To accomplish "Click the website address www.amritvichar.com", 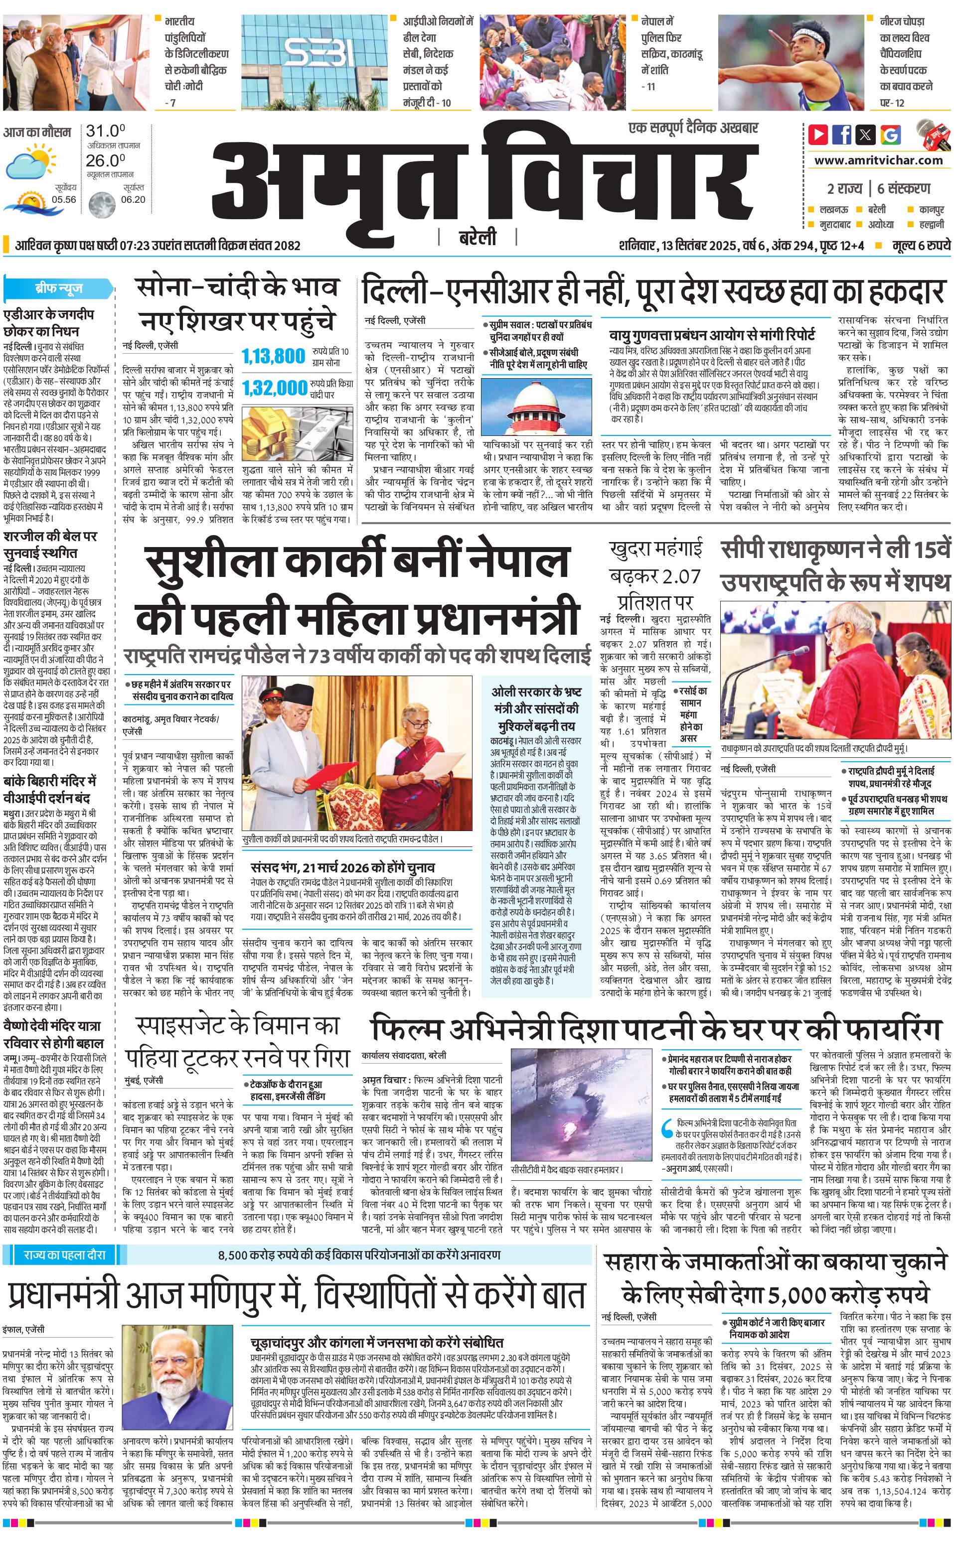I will [878, 160].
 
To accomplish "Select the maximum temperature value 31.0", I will [105, 131].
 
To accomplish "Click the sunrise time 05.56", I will [64, 199].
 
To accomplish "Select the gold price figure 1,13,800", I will [273, 356].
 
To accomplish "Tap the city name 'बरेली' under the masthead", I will [477, 238].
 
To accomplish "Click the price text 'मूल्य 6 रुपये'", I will [921, 245].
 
